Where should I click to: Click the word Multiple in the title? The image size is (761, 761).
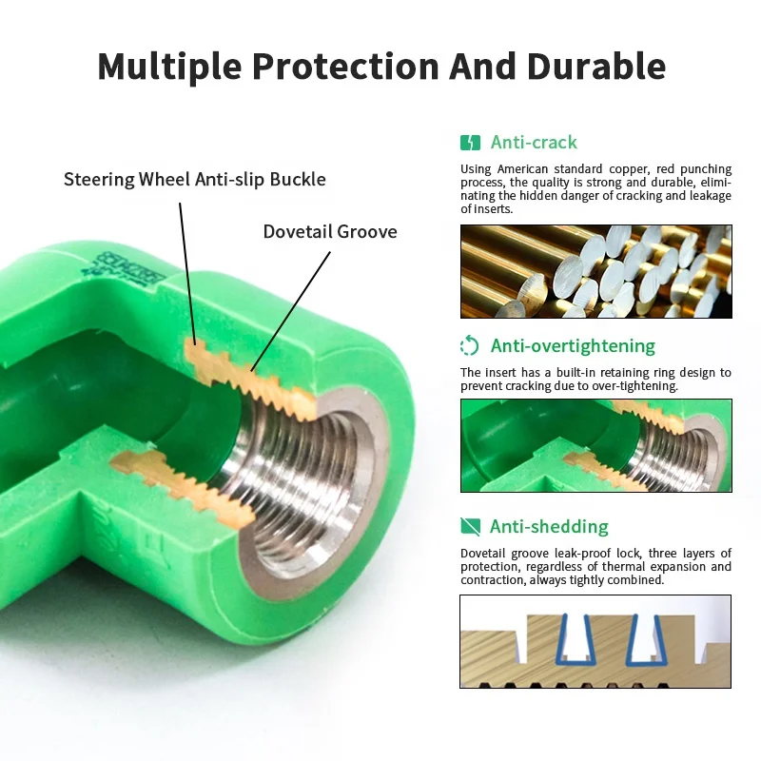166,67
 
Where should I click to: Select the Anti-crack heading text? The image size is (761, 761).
534,143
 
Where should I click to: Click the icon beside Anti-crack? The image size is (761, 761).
470,143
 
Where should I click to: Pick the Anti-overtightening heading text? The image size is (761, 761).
573,346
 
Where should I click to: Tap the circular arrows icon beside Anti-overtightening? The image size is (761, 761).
470,346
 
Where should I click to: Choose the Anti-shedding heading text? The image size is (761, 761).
549,527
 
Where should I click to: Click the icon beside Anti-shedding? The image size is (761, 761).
470,527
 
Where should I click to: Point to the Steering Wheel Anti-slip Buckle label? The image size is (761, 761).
194,179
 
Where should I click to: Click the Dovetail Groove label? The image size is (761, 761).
330,231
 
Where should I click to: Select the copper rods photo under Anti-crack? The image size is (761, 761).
595,271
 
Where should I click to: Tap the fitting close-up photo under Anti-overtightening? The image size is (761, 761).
595,445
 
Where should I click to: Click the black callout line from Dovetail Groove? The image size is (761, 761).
290,309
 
